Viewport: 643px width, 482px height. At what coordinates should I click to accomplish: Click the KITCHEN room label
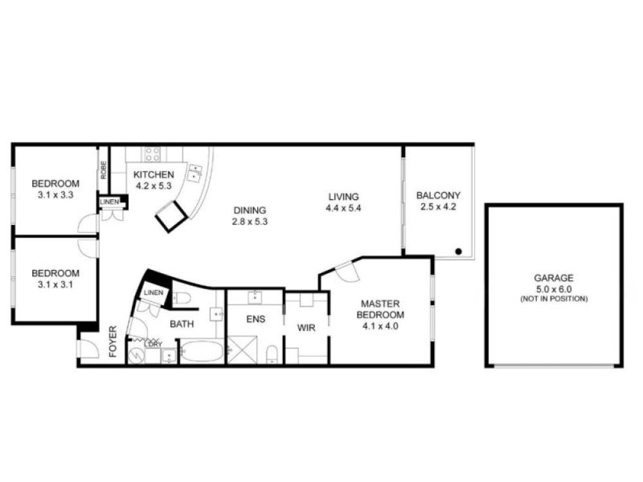(154, 175)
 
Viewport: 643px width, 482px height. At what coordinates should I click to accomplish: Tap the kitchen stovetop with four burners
(152, 154)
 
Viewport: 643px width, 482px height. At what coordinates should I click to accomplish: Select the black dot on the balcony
(459, 251)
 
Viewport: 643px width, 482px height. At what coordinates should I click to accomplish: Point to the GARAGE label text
(554, 278)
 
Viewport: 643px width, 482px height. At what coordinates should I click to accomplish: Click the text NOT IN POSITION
(554, 299)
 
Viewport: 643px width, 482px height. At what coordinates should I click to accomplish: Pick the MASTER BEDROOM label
(380, 310)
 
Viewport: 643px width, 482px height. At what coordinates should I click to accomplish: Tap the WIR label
(306, 328)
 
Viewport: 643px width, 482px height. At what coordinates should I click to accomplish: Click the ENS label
(255, 319)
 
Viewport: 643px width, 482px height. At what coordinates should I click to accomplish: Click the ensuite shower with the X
(242, 350)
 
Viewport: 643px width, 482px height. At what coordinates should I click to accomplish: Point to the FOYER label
(113, 341)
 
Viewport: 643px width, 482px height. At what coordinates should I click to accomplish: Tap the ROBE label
(104, 170)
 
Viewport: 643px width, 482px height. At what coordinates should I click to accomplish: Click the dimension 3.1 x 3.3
(55, 195)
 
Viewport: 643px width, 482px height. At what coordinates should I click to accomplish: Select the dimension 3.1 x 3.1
(55, 285)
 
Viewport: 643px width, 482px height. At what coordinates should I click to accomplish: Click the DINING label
(249, 210)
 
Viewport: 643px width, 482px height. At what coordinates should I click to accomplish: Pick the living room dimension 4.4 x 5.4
(343, 208)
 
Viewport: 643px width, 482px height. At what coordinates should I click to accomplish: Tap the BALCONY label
(439, 195)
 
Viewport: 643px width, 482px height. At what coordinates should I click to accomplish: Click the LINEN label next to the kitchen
(109, 202)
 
